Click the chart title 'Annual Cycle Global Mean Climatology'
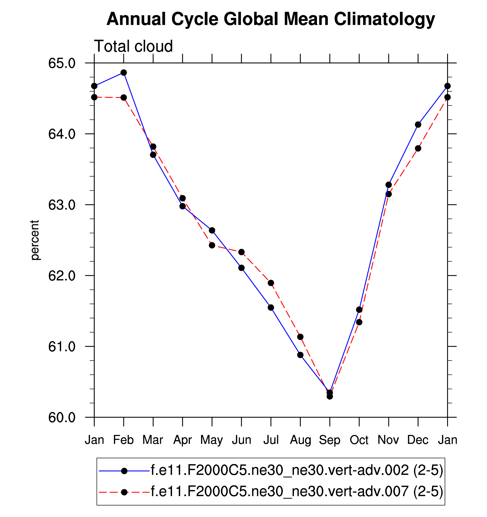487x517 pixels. tap(271, 19)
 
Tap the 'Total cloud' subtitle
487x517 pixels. tap(133, 46)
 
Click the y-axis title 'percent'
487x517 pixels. tap(35, 240)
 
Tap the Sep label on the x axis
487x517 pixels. tap(330, 440)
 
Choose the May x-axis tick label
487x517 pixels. tap(212, 440)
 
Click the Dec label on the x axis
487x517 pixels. tap(418, 440)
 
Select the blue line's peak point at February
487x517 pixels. tap(124, 73)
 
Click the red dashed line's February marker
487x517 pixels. tap(124, 98)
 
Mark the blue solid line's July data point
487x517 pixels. tap(271, 307)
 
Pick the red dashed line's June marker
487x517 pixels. tap(242, 252)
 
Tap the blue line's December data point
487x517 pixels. tap(418, 125)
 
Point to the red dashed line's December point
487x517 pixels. tap(418, 148)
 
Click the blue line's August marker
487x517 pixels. tap(300, 355)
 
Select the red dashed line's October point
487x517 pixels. tap(359, 322)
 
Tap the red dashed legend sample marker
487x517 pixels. tap(124, 492)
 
